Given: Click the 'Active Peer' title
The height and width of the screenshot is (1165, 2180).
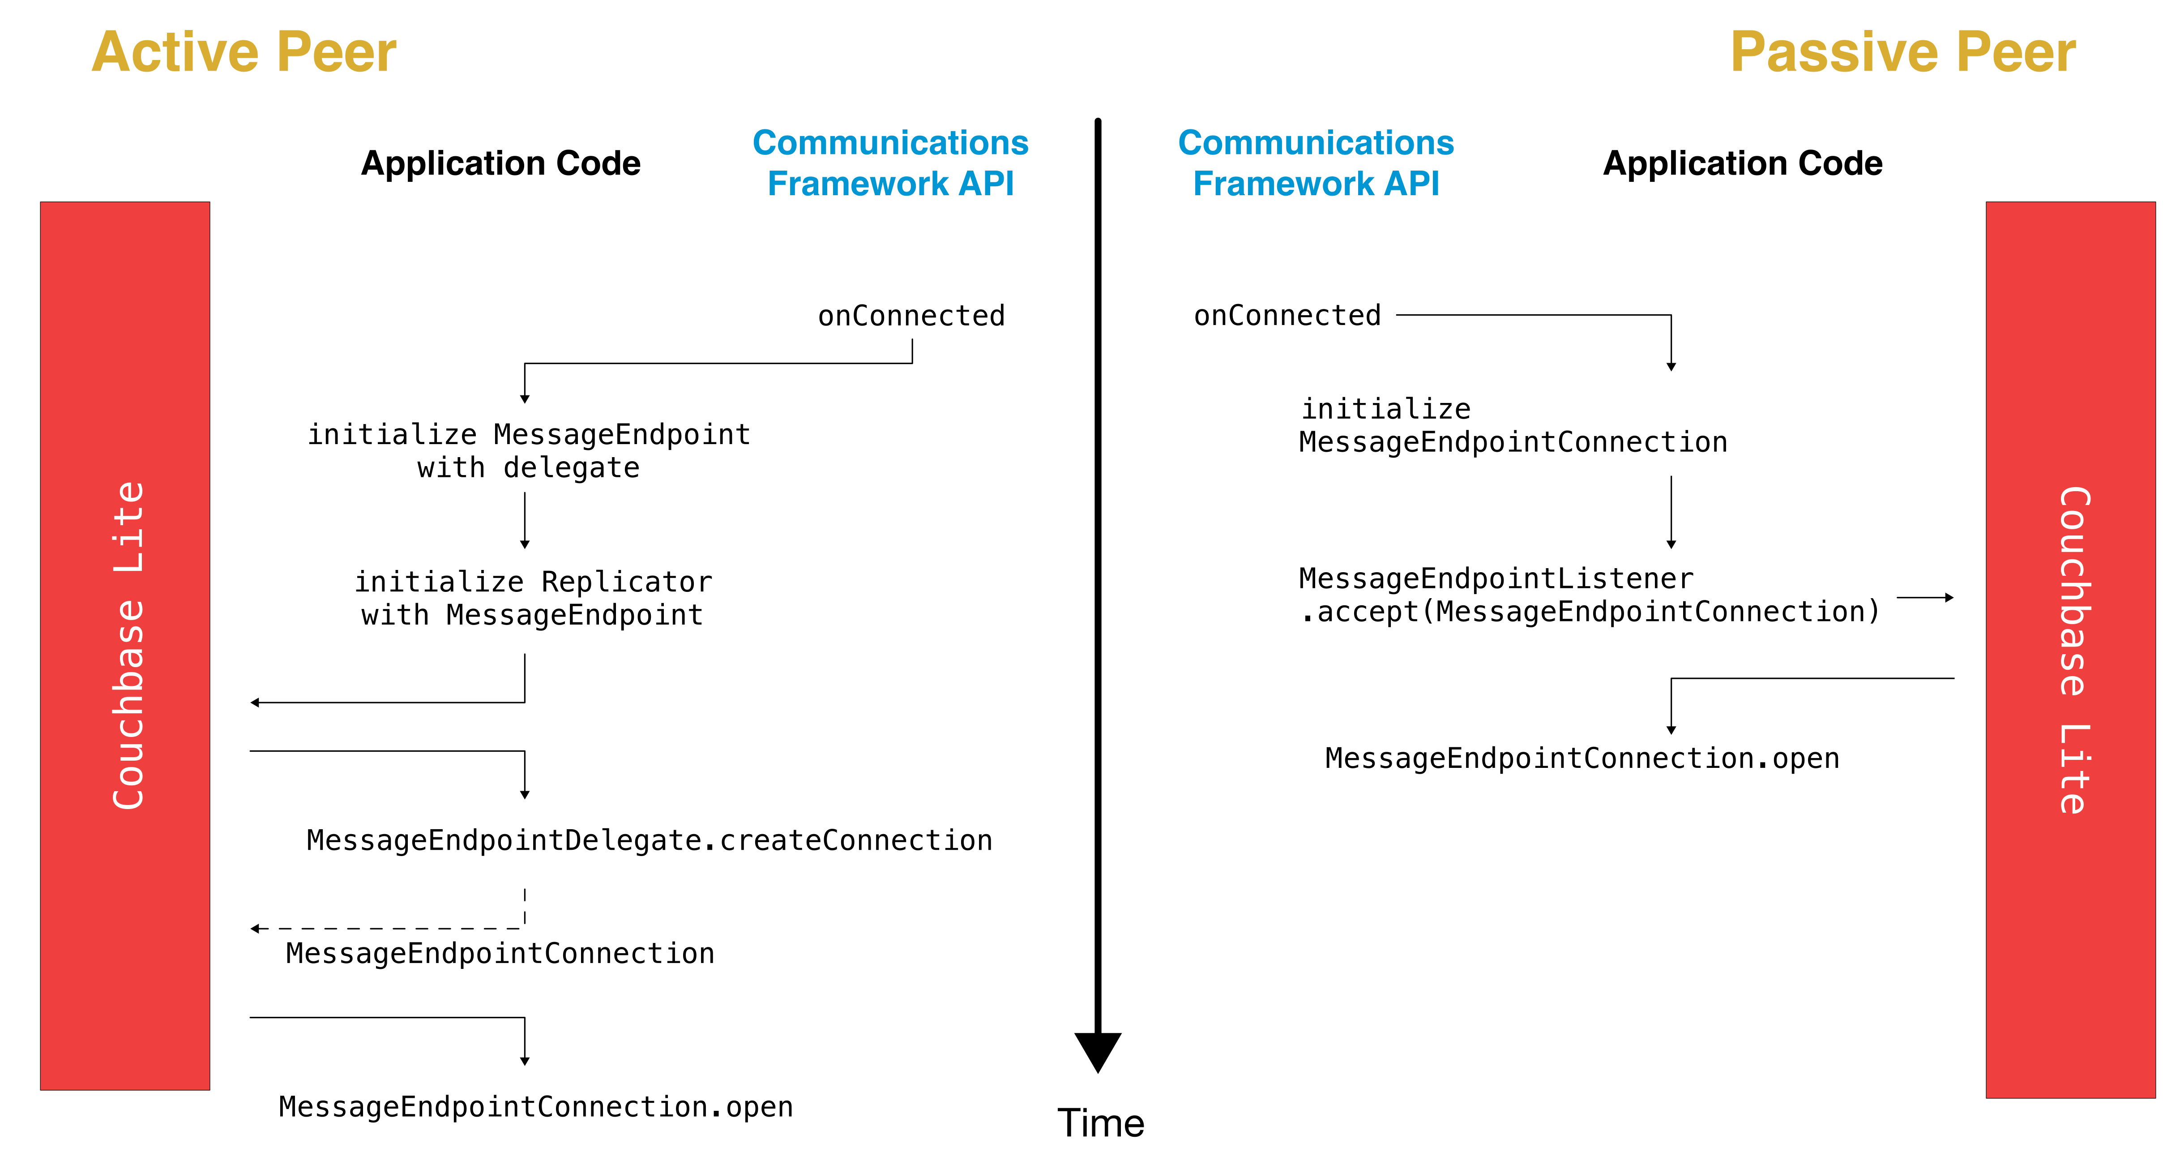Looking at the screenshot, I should [244, 52].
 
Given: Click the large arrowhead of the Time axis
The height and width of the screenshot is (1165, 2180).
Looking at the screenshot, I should [1098, 1050].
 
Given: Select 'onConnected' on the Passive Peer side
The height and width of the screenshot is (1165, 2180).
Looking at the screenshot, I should [1287, 316].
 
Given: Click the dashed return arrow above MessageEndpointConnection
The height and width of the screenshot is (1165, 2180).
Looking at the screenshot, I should [389, 928].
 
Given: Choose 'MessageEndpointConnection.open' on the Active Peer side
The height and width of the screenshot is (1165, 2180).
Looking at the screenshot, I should [536, 1107].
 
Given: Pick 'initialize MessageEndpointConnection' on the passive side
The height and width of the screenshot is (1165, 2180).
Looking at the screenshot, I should [1512, 425].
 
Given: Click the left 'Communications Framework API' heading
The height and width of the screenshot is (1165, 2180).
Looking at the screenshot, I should [890, 163].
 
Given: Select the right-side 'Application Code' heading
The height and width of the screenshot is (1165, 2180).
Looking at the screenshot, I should [1743, 163].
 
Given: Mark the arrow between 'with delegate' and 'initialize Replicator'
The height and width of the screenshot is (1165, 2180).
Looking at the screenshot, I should [525, 520].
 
